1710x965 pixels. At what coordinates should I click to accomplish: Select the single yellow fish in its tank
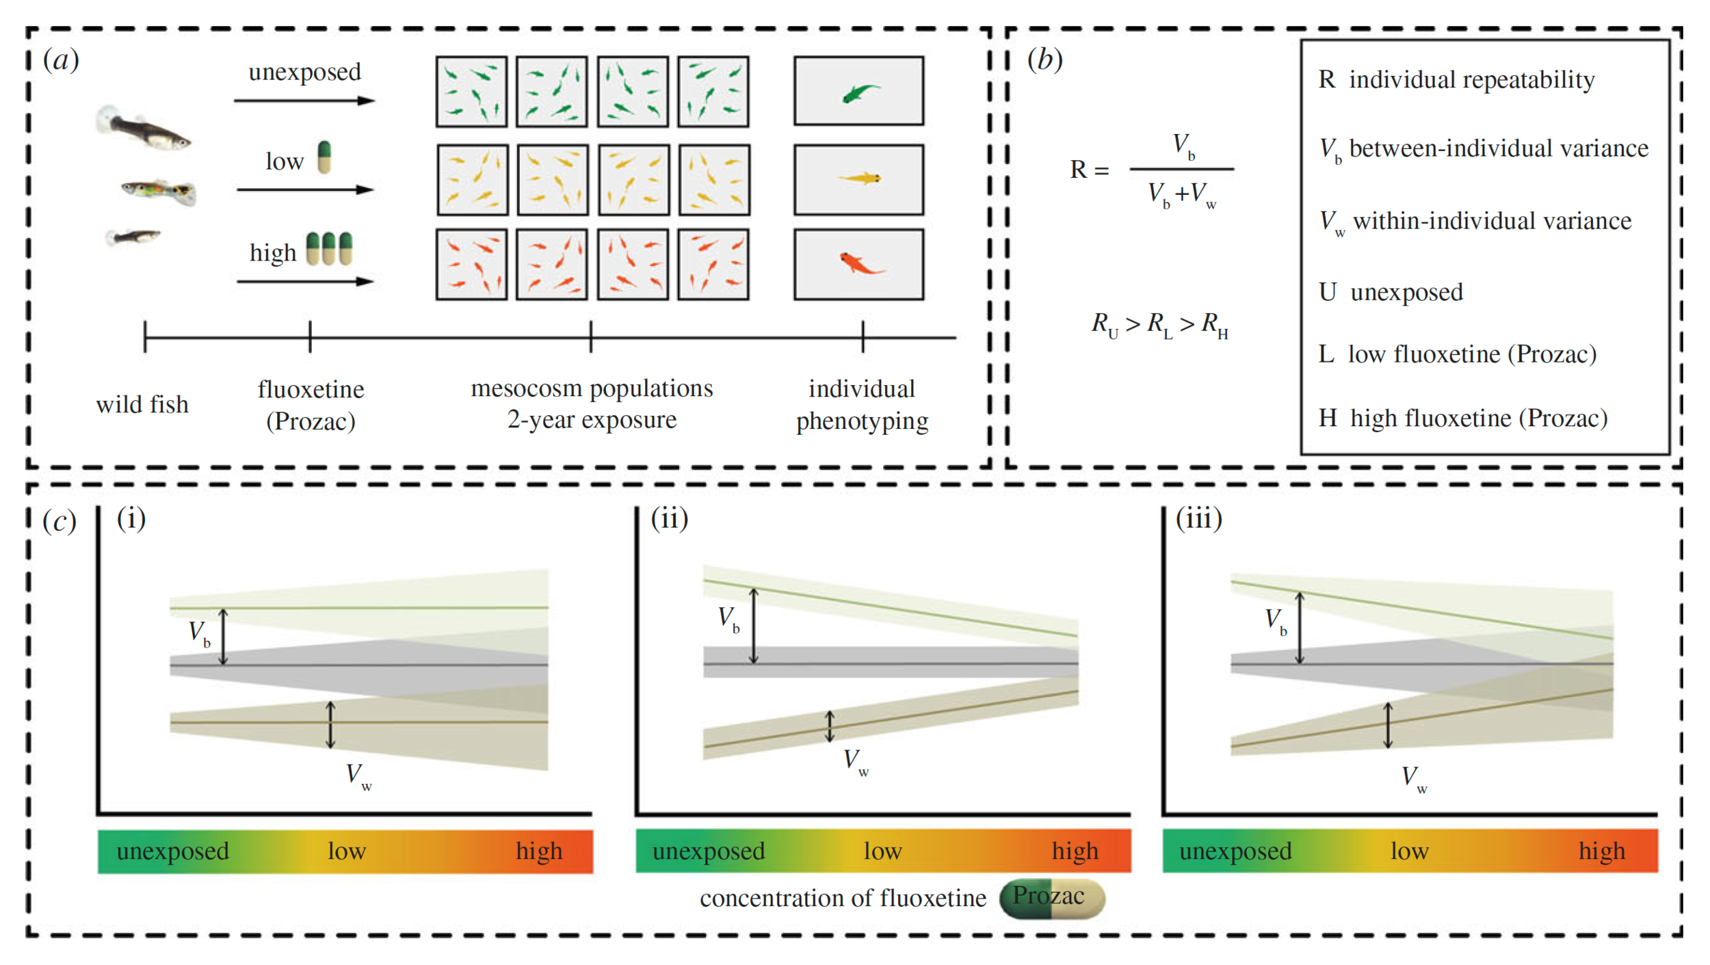coord(860,179)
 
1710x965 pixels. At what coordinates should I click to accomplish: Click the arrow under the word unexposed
coord(304,101)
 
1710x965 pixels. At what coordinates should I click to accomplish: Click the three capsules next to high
coord(329,248)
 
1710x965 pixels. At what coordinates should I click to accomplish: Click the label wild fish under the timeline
coord(142,404)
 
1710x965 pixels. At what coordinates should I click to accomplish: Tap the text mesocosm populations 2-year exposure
coord(592,404)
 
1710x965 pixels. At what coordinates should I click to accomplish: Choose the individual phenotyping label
coord(862,404)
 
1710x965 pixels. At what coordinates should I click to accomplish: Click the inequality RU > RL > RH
coord(1159,324)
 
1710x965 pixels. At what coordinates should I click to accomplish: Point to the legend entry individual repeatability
coord(1457,80)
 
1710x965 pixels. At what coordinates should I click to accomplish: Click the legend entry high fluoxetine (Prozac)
coord(1463,418)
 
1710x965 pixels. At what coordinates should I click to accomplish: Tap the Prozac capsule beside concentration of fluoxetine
coord(1051,898)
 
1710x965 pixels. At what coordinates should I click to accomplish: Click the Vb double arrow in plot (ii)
coord(754,625)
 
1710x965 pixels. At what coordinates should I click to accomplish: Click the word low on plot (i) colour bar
coord(347,851)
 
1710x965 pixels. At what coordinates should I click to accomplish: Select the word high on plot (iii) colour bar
coord(1601,851)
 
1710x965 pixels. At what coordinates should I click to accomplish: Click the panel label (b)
coord(1044,60)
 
